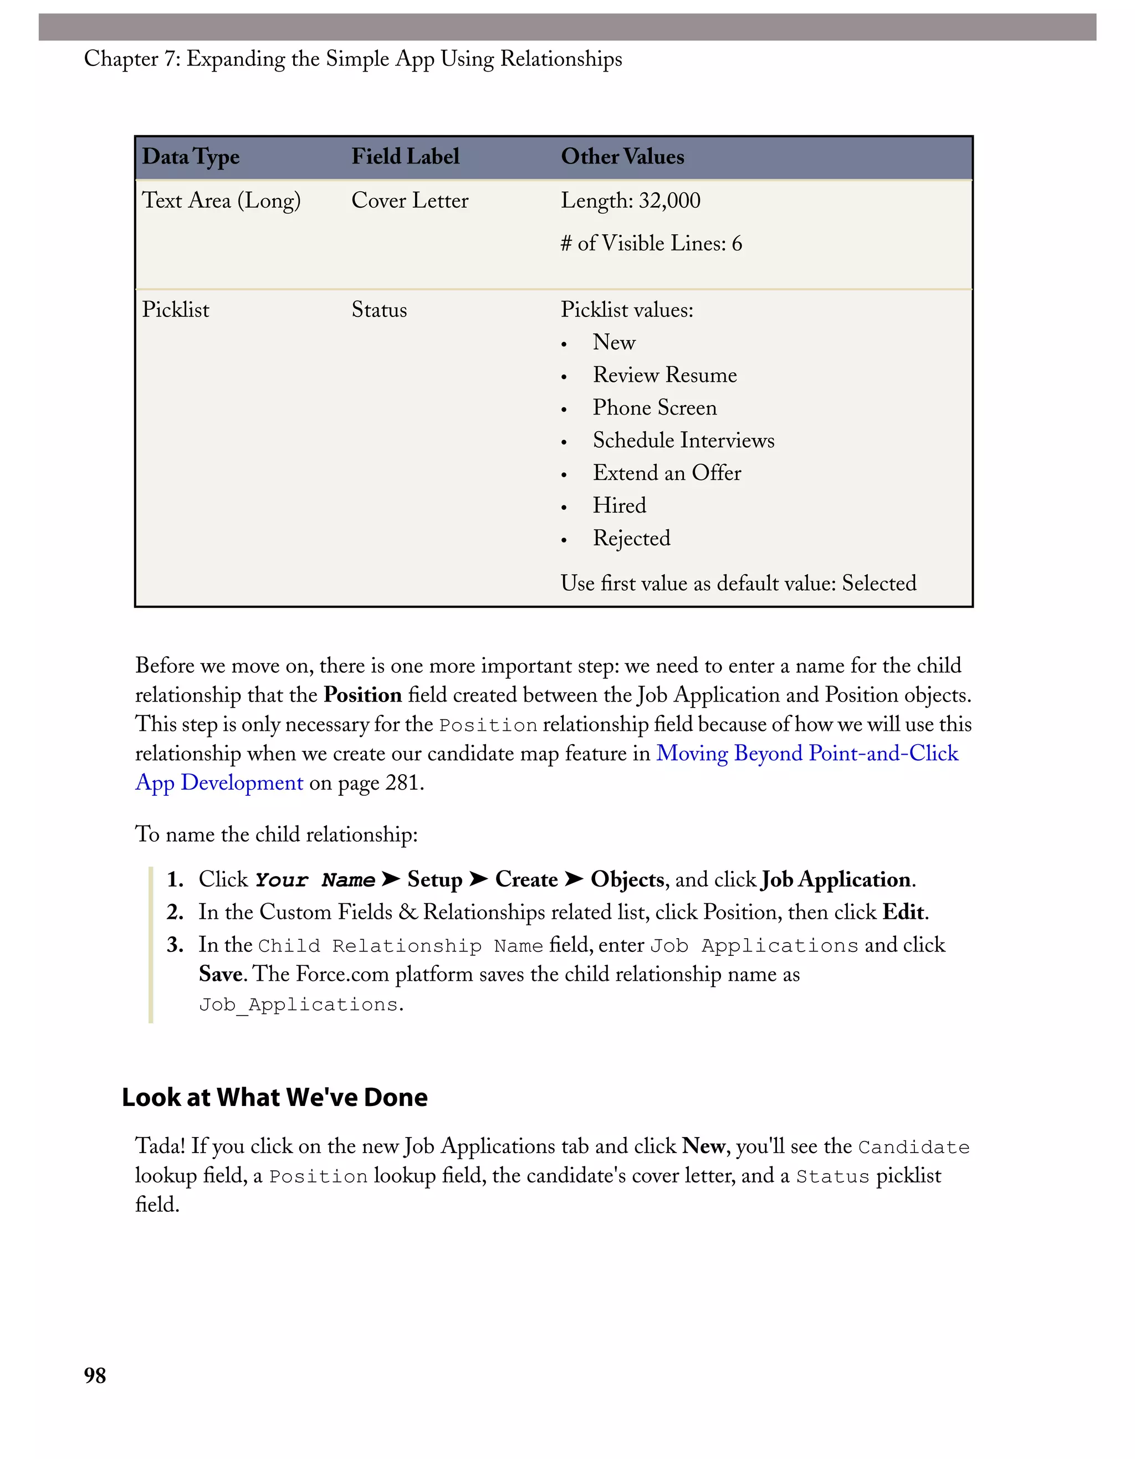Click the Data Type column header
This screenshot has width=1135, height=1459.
click(x=191, y=157)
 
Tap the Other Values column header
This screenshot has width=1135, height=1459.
click(x=622, y=157)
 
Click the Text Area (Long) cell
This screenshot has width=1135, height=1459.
click(x=221, y=201)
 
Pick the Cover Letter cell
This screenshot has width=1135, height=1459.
click(x=410, y=201)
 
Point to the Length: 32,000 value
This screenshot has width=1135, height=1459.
click(x=630, y=201)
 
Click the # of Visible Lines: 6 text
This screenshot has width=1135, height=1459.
click(x=651, y=243)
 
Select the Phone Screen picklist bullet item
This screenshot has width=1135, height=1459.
click(x=654, y=407)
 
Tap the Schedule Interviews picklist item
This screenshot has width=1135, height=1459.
click(x=683, y=440)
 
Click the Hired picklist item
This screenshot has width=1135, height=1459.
click(x=619, y=506)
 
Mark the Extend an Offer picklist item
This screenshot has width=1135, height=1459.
click(x=667, y=473)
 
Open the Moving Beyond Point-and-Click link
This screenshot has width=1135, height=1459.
click(x=806, y=754)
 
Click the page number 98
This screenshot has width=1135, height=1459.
click(x=95, y=1375)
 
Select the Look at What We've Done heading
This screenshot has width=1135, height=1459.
click(x=274, y=1098)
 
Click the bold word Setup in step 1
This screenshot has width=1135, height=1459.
click(x=434, y=880)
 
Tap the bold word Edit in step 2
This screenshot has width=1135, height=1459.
click(x=904, y=913)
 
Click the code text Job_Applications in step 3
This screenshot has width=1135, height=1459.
click(x=298, y=1005)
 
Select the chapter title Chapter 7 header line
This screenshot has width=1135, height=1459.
click(x=352, y=59)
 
